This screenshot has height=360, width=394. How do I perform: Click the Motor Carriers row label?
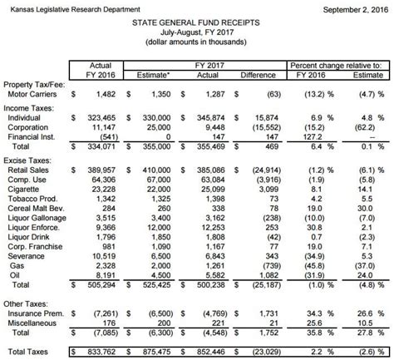(x=36, y=95)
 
